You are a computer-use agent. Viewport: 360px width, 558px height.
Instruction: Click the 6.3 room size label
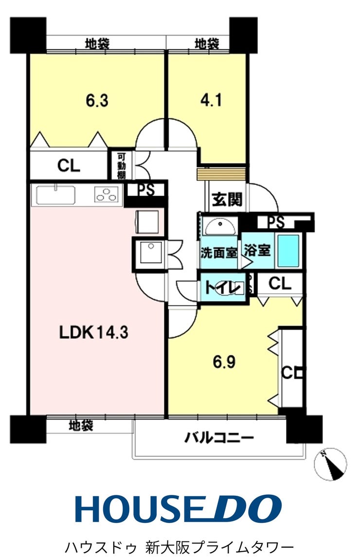click(96, 101)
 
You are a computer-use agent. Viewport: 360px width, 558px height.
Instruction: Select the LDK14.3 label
click(93, 333)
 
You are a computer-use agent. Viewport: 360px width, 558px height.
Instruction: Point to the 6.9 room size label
click(225, 362)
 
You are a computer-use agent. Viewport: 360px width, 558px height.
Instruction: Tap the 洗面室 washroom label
click(219, 253)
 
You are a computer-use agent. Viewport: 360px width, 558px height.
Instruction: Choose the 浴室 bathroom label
click(257, 252)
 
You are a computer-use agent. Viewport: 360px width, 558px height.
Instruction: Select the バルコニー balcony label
click(219, 438)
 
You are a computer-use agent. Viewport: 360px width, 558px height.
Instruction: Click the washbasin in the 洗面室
click(220, 227)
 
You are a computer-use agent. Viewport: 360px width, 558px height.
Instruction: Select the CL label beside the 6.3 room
click(68, 166)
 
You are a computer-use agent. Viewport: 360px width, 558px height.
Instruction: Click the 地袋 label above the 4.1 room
click(206, 44)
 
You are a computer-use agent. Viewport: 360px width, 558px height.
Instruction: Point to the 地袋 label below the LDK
click(80, 426)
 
